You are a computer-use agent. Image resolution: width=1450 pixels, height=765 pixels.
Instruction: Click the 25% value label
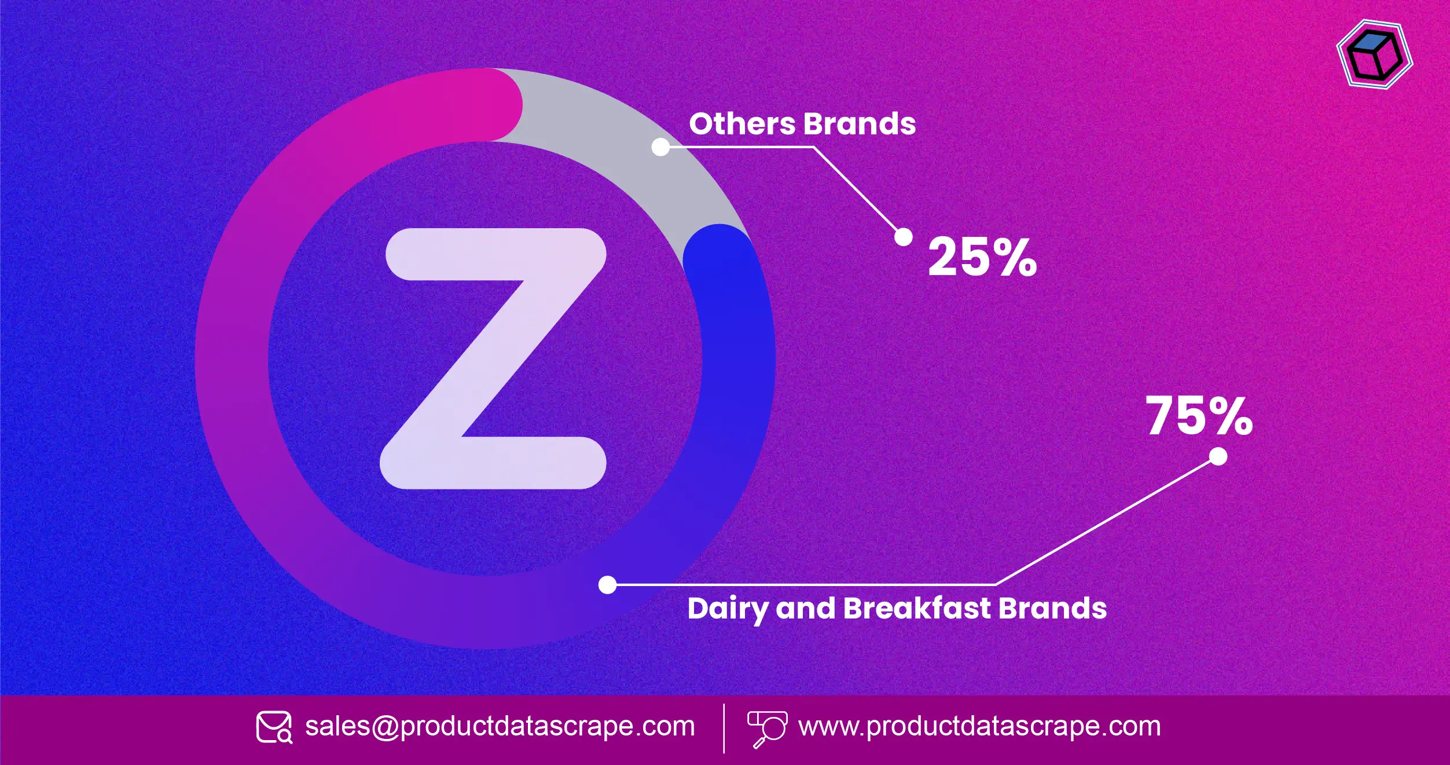[982, 257]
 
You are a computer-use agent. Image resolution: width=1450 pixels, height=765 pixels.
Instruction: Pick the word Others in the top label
[742, 124]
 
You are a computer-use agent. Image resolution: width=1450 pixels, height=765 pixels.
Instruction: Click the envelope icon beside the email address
[274, 727]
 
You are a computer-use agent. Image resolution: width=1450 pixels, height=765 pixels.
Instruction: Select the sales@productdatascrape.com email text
[500, 726]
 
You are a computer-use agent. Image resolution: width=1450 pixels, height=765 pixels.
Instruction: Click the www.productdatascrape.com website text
[979, 726]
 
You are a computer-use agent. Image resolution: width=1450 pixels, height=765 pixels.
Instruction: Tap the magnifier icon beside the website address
[767, 729]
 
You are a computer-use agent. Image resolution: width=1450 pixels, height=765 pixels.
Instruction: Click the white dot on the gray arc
[660, 147]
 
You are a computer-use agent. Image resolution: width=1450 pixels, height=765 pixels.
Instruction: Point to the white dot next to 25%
[903, 237]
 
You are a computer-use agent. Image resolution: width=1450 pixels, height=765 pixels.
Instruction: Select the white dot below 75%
[1218, 456]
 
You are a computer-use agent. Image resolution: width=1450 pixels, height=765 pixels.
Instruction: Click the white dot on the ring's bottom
[607, 585]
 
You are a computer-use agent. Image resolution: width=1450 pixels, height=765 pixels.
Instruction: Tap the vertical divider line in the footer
[724, 729]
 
